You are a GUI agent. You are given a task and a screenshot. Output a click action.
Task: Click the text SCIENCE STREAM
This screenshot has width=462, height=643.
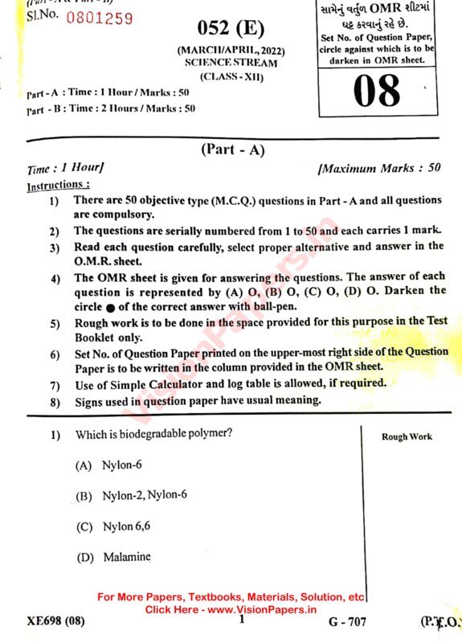pos(230,62)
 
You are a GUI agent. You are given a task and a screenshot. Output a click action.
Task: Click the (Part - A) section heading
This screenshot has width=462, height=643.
pos(231,150)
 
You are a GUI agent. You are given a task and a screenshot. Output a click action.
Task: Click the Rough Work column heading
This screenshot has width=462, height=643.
pos(407,436)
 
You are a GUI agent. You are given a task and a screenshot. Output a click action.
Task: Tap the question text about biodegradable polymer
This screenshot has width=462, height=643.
pos(153,434)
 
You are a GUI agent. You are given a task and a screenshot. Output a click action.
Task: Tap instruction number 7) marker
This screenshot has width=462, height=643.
pos(54,383)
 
